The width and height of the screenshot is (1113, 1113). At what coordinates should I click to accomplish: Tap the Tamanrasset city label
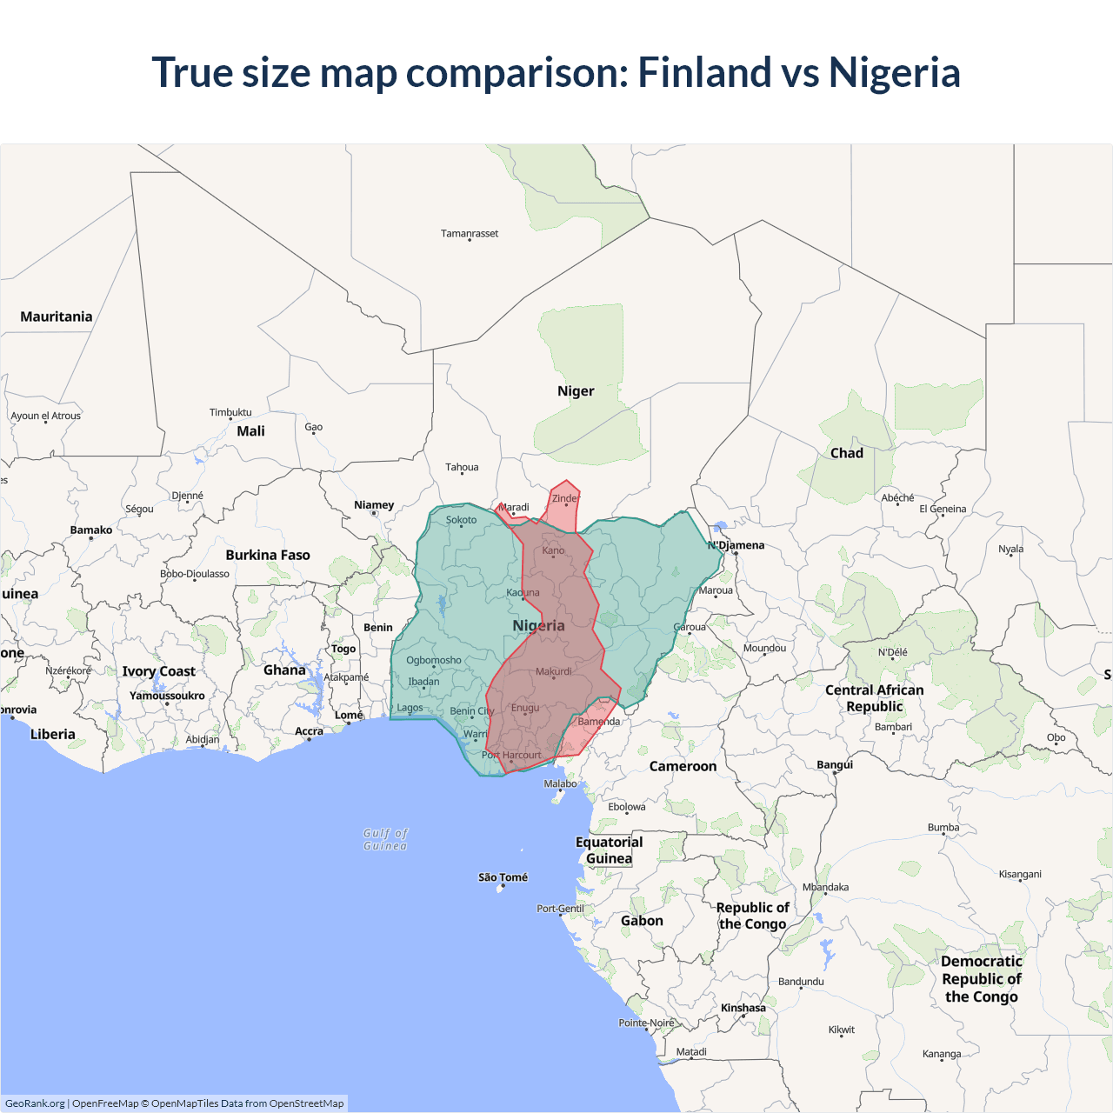point(470,233)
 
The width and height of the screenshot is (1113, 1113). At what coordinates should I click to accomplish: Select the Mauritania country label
point(57,317)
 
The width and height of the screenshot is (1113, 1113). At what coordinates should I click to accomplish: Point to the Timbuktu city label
point(230,412)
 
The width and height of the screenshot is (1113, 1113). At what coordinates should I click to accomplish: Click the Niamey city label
point(374,505)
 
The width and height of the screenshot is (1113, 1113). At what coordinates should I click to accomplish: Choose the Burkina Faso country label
point(268,555)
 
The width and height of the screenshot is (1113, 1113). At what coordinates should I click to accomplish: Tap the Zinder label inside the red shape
point(565,499)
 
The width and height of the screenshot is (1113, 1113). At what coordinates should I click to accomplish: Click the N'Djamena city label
point(736,545)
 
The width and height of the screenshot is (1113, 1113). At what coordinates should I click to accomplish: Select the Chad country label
point(847,453)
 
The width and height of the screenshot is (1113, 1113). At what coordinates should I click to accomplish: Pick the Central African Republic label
point(875,698)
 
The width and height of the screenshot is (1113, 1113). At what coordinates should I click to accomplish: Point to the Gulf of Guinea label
point(385,839)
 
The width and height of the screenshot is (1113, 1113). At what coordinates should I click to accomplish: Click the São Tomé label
point(503,877)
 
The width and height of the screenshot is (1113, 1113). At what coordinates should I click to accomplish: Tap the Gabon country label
point(642,921)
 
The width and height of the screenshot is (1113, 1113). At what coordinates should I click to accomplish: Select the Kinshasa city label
point(743,1008)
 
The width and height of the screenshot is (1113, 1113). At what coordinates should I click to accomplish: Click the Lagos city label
point(410,708)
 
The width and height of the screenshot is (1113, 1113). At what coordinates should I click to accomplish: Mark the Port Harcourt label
point(511,755)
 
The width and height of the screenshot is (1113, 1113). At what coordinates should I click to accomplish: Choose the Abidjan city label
point(203,739)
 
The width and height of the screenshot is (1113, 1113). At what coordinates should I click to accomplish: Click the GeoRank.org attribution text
point(35,1103)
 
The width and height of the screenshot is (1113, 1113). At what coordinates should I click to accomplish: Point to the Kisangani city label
point(1020,874)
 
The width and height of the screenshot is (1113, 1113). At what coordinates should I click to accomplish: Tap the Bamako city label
point(91,530)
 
